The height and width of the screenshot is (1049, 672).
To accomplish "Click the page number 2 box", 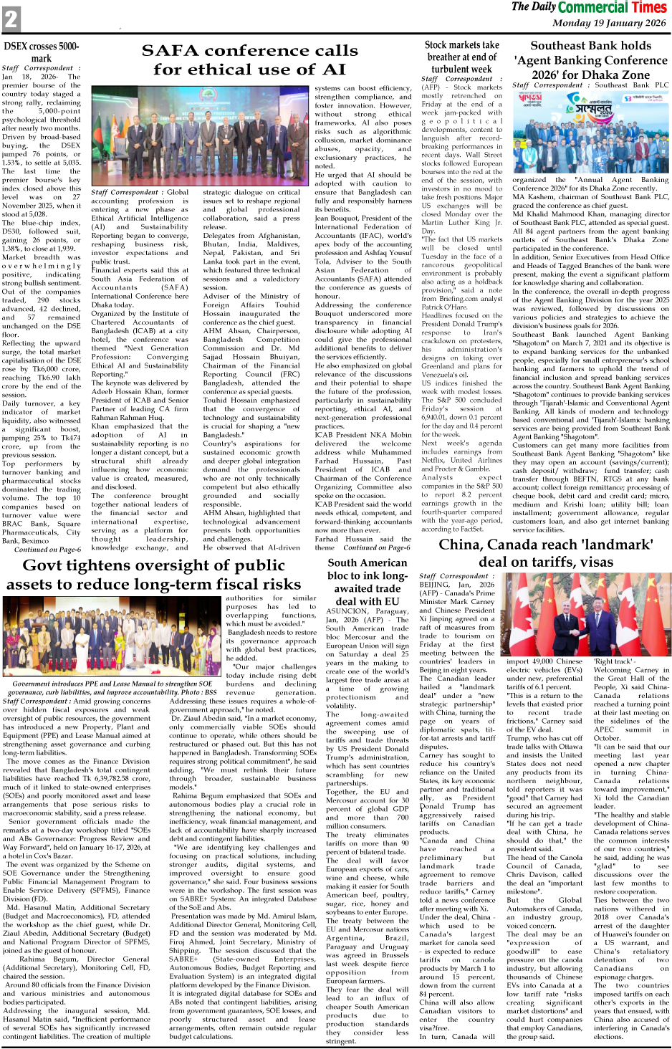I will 11,19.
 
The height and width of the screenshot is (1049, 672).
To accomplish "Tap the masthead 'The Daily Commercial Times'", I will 589,8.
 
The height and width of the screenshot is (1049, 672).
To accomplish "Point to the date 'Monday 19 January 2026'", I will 609,23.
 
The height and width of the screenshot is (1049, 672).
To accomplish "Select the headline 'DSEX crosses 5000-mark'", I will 42,52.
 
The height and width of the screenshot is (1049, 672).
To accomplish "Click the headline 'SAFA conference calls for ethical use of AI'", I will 249,59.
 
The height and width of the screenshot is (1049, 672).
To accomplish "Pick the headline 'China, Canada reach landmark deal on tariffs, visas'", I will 546,553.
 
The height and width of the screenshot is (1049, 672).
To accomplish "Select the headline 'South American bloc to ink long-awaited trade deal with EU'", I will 368,582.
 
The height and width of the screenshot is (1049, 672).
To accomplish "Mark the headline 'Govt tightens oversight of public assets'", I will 153,575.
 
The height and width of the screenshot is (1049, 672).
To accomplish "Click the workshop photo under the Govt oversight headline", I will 113,637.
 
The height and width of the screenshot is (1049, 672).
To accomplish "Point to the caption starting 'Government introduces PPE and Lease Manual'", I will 112,688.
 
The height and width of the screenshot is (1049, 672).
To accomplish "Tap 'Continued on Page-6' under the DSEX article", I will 47,550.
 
